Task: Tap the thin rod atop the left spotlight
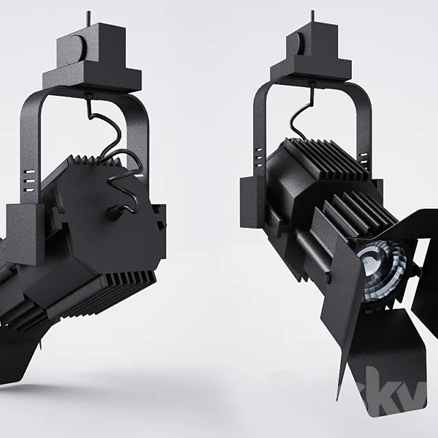[88, 17]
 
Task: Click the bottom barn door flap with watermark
[383, 370]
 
